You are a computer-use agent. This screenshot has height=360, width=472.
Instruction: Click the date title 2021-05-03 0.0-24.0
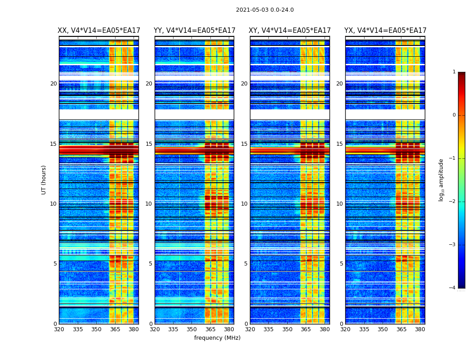pyautogui.click(x=265, y=10)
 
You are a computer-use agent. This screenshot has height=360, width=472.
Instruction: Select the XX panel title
pyautogui.click(x=99, y=31)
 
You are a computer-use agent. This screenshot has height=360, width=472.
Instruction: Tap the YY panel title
pyautogui.click(x=194, y=31)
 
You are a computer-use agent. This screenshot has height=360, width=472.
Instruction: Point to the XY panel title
pyautogui.click(x=290, y=31)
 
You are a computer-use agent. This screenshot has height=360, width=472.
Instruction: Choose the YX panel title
pyautogui.click(x=385, y=31)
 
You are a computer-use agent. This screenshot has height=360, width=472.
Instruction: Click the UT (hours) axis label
pyautogui.click(x=44, y=180)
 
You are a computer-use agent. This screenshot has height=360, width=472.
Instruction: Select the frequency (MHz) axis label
pyautogui.click(x=217, y=338)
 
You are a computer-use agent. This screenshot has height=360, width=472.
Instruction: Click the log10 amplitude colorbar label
pyautogui.click(x=441, y=180)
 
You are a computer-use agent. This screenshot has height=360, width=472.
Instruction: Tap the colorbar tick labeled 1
pyautogui.click(x=454, y=72)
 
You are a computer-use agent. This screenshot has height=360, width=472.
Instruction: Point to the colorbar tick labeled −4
pyautogui.click(x=453, y=288)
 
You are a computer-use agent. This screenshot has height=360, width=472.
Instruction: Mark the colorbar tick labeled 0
pyautogui.click(x=454, y=115)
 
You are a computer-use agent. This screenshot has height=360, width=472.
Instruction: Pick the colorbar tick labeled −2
pyautogui.click(x=453, y=202)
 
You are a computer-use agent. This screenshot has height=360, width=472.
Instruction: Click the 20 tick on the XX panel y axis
pyautogui.click(x=53, y=84)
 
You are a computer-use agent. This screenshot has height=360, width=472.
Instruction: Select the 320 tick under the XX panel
pyautogui.click(x=59, y=329)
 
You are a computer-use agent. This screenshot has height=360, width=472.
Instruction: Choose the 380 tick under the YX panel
pyautogui.click(x=420, y=329)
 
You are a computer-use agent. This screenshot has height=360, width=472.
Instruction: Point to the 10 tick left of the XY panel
pyautogui.click(x=244, y=204)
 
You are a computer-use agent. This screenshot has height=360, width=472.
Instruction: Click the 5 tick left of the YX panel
pyautogui.click(x=341, y=264)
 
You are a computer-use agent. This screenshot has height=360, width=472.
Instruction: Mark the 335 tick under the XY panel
pyautogui.click(x=268, y=329)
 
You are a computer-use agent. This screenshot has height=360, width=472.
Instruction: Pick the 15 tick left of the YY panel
pyautogui.click(x=149, y=144)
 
